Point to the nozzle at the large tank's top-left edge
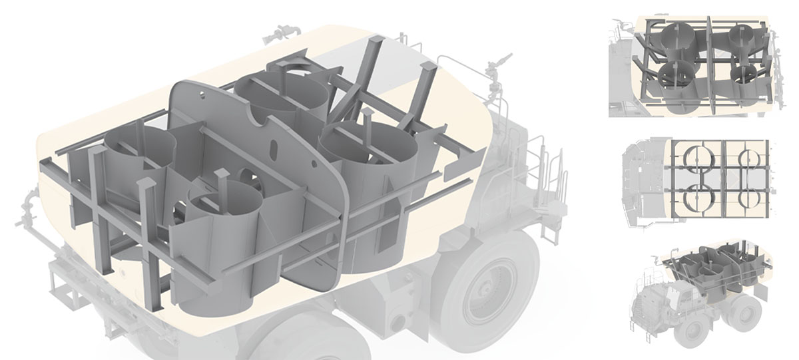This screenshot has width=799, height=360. (283, 31)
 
